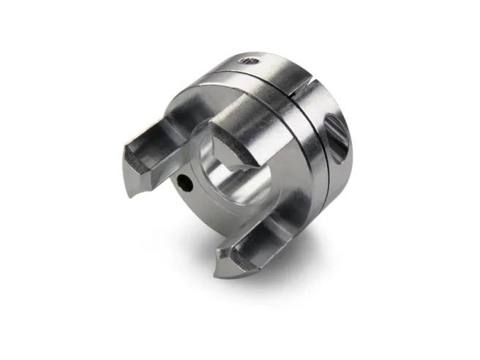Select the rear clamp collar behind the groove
coord(326,168)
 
